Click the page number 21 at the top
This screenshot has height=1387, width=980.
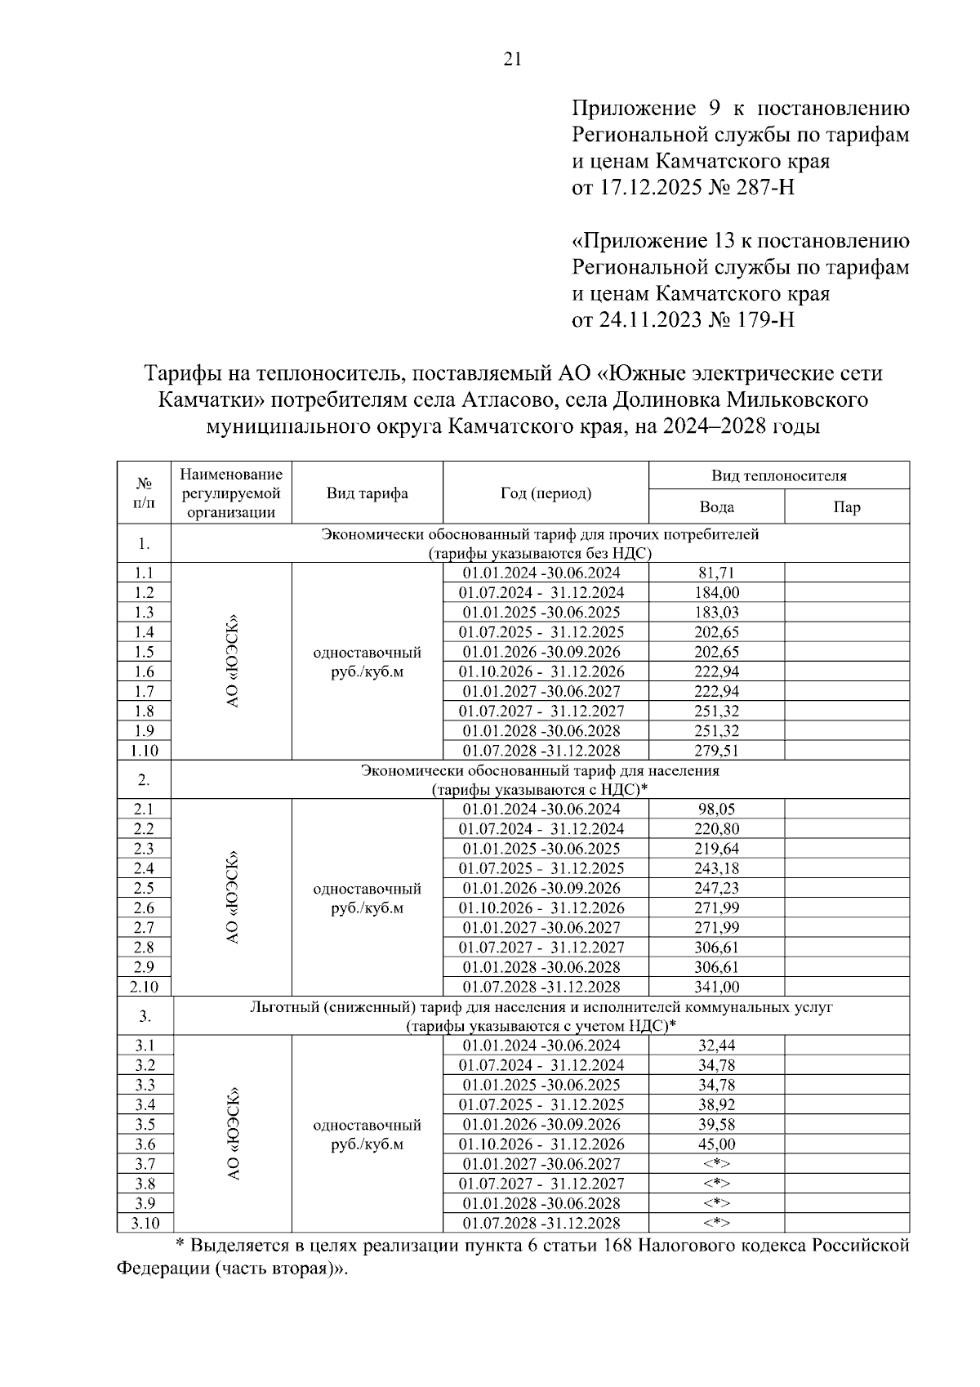point(512,59)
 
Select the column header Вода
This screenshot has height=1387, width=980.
point(716,507)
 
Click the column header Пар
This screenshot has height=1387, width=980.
point(846,507)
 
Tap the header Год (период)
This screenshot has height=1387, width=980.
point(546,493)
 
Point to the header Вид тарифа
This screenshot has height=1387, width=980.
point(367,493)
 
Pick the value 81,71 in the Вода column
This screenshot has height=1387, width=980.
point(716,573)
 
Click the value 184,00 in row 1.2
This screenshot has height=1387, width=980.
point(716,593)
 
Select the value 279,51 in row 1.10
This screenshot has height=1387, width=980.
point(716,751)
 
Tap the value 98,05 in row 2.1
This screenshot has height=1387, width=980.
point(716,809)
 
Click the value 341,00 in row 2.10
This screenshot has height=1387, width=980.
point(716,987)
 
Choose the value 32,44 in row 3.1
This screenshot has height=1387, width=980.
point(716,1046)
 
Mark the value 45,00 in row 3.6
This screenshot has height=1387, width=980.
point(716,1144)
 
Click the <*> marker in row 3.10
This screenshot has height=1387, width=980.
point(716,1223)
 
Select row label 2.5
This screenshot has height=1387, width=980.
point(144,888)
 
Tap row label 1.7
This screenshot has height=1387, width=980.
point(144,692)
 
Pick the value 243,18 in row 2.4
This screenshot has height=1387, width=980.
point(716,868)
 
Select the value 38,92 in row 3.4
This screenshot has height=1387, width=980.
point(716,1104)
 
